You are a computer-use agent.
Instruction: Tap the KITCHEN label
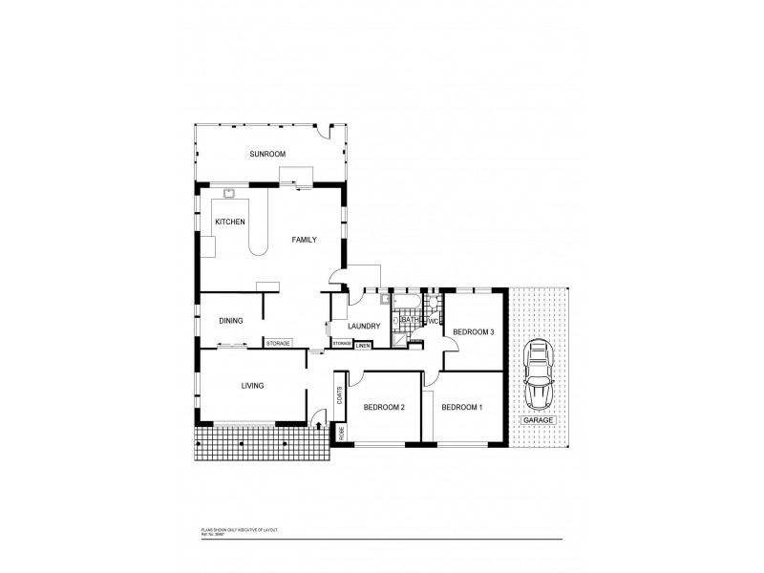click(230, 222)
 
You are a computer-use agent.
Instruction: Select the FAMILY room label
click(304, 240)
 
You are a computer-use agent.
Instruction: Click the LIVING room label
click(252, 386)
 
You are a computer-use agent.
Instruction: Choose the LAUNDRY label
click(365, 326)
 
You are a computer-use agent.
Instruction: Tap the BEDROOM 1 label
click(461, 408)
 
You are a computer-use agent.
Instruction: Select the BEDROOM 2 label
click(384, 408)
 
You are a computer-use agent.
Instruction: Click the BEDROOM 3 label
click(473, 331)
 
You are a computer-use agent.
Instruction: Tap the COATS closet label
click(339, 395)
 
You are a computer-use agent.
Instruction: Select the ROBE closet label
click(339, 432)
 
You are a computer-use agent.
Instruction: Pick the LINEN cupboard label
click(363, 345)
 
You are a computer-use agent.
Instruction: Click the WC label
click(432, 321)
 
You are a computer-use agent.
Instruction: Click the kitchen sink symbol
click(229, 193)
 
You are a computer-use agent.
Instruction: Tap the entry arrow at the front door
click(319, 416)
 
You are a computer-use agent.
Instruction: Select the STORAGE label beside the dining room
click(278, 343)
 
